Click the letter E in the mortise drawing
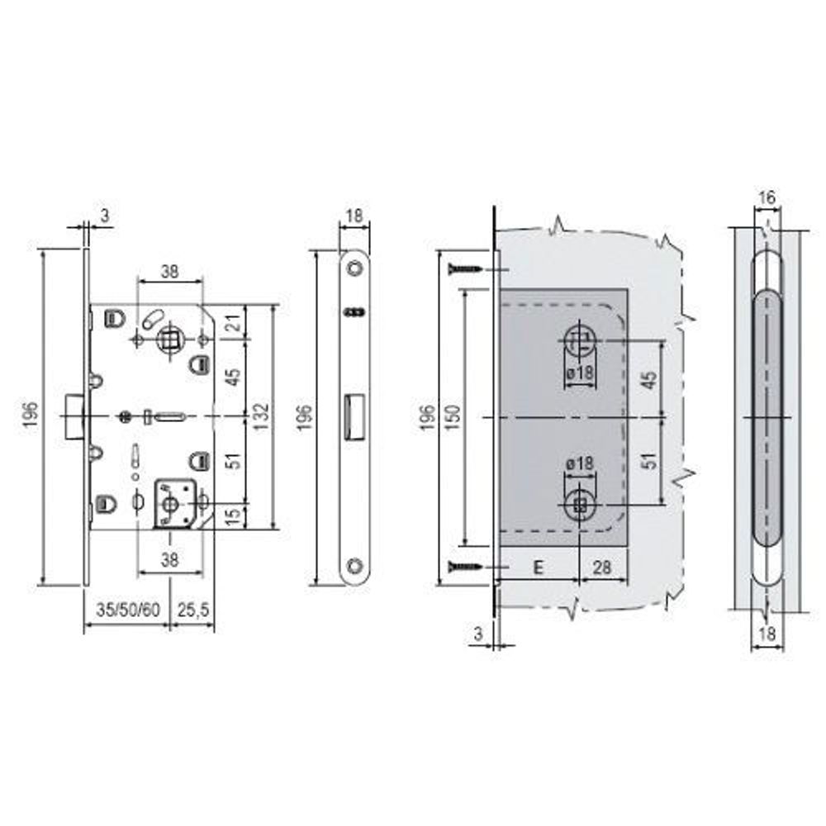538,567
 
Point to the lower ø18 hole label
581,464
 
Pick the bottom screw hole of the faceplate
354,566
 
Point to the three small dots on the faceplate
354,311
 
